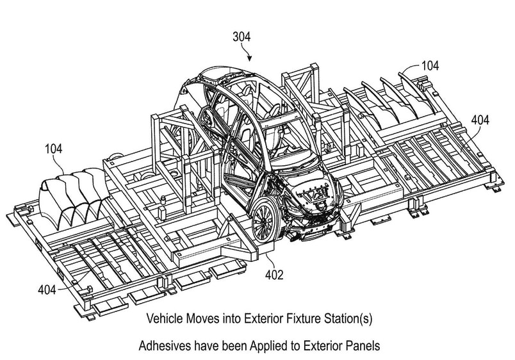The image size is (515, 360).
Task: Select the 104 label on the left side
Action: click(x=54, y=149)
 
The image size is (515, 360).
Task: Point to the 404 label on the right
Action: click(x=482, y=119)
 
